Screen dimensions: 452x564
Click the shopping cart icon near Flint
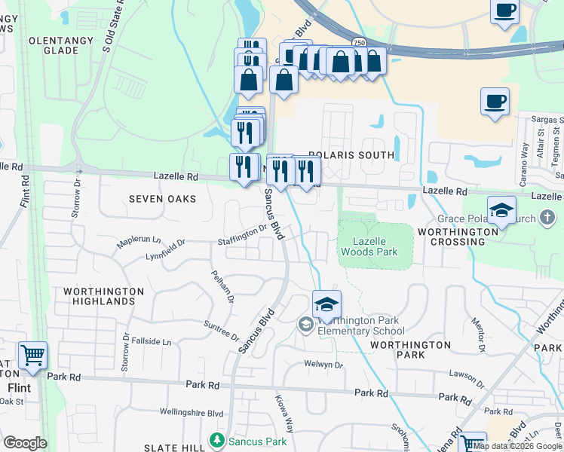pyautogui.click(x=32, y=355)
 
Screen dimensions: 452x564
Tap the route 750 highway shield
pyautogui.click(x=360, y=44)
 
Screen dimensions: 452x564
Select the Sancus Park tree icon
pyautogui.click(x=217, y=438)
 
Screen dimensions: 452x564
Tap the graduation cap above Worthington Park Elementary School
pyautogui.click(x=326, y=304)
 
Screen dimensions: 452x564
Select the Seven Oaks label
pyautogui.click(x=162, y=199)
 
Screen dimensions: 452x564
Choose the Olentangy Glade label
pyautogui.click(x=64, y=45)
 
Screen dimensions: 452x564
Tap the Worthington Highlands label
pyautogui.click(x=103, y=296)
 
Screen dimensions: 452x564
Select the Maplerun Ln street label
pyautogui.click(x=139, y=242)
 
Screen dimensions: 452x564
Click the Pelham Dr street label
pyautogui.click(x=223, y=287)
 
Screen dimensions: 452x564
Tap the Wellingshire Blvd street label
pyautogui.click(x=192, y=413)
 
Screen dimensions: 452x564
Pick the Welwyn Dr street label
pyautogui.click(x=324, y=365)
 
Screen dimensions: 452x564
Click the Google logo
pyautogui.click(x=26, y=443)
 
